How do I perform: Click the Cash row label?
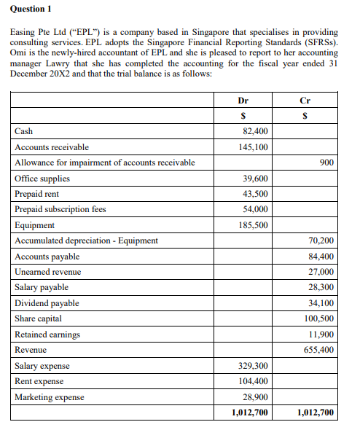(x=23, y=131)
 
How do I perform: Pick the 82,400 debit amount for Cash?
(x=254, y=131)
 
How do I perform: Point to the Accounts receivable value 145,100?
(x=252, y=147)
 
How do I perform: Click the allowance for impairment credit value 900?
(x=326, y=163)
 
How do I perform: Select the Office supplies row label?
(x=42, y=179)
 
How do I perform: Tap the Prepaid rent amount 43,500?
(x=254, y=194)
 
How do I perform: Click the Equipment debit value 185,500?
(x=252, y=225)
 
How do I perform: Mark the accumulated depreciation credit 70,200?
(x=321, y=240)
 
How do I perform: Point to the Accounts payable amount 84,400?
(x=321, y=257)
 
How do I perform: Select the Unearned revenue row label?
(x=48, y=272)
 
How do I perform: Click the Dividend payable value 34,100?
(x=321, y=303)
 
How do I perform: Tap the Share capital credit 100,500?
(x=319, y=318)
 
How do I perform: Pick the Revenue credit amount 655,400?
(x=319, y=350)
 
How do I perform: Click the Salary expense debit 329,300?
(x=252, y=366)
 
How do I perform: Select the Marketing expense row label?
(x=50, y=397)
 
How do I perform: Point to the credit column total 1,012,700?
(x=316, y=413)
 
